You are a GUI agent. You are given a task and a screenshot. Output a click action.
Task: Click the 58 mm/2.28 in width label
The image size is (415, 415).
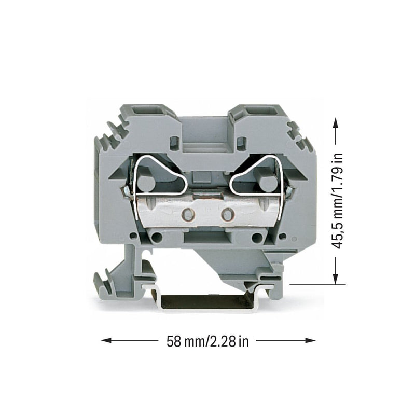(x=208, y=341)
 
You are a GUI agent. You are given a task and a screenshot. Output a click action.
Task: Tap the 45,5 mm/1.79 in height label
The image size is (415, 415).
(x=338, y=201)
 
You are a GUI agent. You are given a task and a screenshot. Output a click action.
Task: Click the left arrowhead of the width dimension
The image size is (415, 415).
(x=106, y=340)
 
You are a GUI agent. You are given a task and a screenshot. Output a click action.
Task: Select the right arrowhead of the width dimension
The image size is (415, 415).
(x=310, y=340)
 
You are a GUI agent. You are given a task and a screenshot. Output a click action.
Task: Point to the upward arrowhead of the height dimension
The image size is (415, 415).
(x=336, y=123)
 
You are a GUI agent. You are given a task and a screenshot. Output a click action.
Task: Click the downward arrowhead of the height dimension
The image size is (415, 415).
(x=336, y=279)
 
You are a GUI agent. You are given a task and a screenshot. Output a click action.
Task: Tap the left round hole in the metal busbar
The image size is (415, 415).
(x=188, y=214)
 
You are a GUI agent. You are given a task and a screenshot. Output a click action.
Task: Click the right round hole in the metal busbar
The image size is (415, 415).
(x=227, y=214)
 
